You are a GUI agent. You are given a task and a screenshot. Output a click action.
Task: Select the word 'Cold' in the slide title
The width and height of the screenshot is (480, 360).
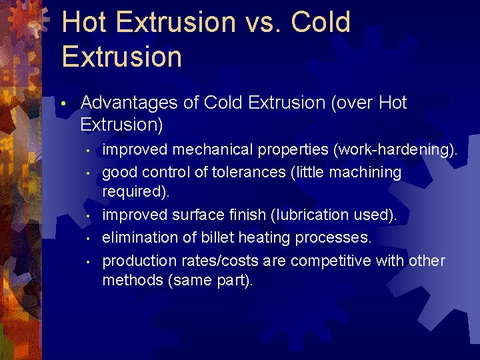(x=320, y=23)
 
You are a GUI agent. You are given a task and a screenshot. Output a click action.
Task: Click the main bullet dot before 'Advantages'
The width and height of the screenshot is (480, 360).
(x=63, y=104)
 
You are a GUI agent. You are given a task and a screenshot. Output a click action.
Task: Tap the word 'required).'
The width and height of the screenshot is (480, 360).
(x=136, y=193)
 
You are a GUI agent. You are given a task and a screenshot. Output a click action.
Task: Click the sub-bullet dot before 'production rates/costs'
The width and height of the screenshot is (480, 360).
(x=88, y=261)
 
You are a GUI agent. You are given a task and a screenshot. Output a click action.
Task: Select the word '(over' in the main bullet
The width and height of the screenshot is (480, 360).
(x=350, y=103)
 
